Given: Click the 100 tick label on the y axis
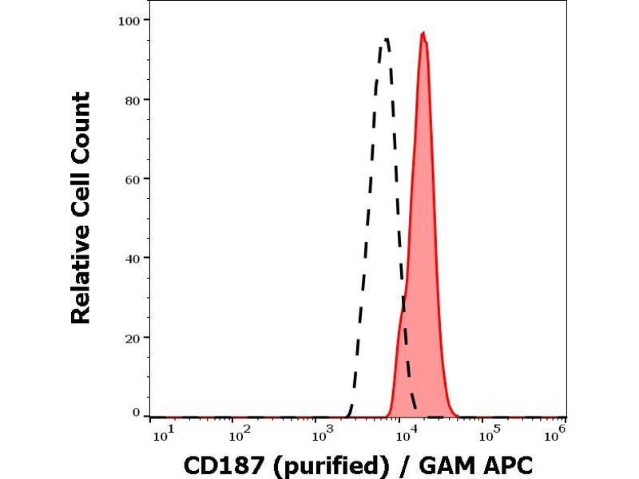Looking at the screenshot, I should tap(132, 19).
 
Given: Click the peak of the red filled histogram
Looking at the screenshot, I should tap(423, 33).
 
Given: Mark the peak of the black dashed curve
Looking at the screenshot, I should tap(386, 38).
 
